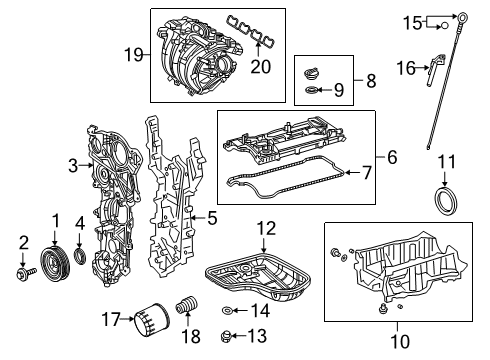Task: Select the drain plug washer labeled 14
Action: coord(231,311)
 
